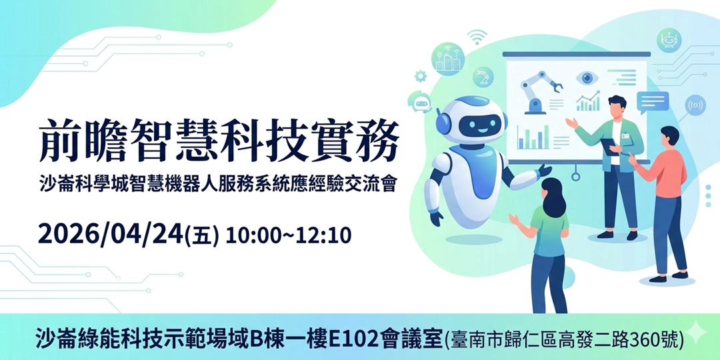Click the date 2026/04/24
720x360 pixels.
coord(110,235)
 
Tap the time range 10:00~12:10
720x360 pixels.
coord(288,235)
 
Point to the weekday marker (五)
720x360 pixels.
coord(204,236)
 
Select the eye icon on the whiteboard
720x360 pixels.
coord(587,78)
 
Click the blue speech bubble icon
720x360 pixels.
coord(652,102)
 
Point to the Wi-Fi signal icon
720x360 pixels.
coord(477,38)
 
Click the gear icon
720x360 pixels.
coord(421,76)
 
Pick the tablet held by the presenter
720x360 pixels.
coord(608,145)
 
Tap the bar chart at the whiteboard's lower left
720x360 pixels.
coord(533,138)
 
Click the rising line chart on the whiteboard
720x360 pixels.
coord(587,103)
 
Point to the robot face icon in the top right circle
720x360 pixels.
coord(668,41)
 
